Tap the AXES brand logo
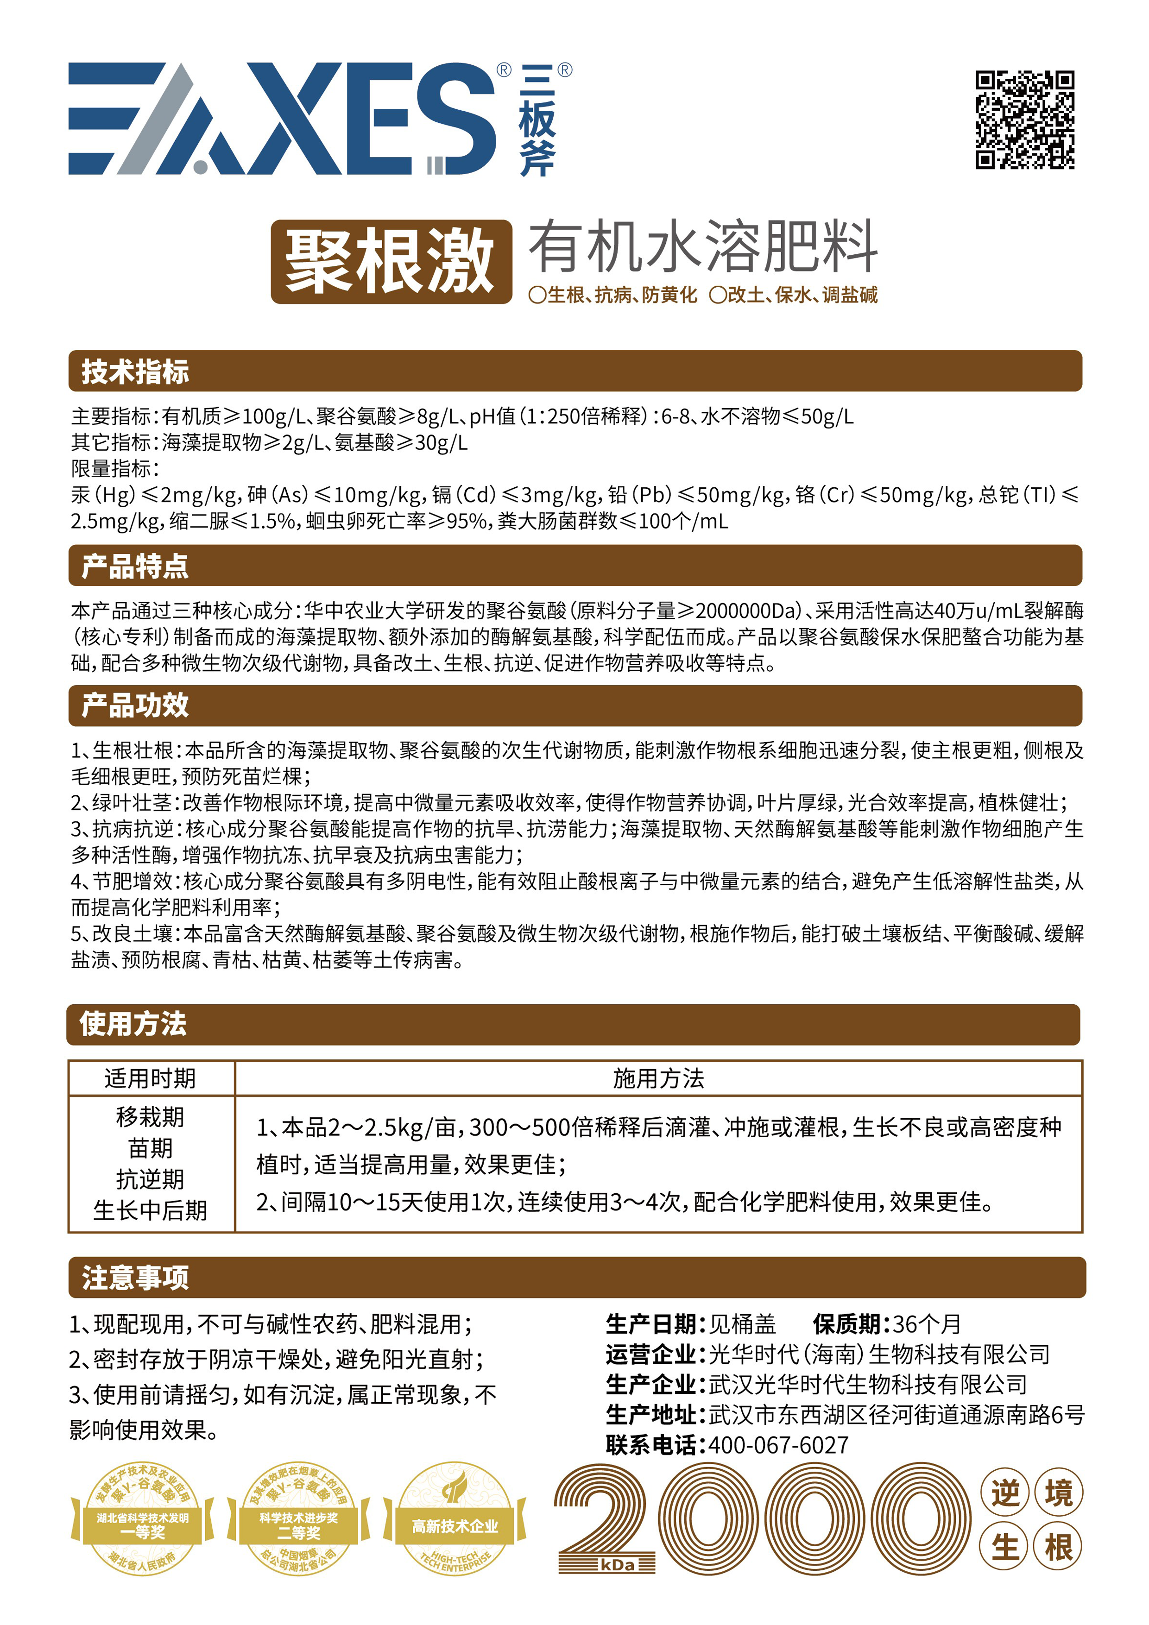[x=283, y=119]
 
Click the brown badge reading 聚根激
[x=391, y=261]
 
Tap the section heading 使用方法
[x=133, y=1023]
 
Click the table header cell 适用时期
[x=150, y=1078]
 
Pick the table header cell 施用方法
[x=658, y=1078]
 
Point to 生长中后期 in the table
[x=150, y=1210]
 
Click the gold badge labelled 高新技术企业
[x=455, y=1527]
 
